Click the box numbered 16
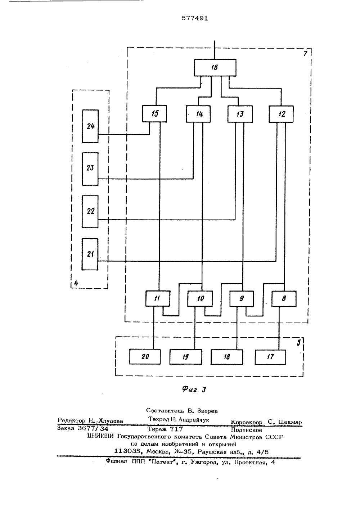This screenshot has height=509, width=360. (x=215, y=67)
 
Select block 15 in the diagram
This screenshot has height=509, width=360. (x=154, y=114)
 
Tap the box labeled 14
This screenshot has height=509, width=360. (x=198, y=114)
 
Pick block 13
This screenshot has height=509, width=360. (x=240, y=114)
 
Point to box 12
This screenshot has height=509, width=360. (x=281, y=114)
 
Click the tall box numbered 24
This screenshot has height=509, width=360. (x=90, y=126)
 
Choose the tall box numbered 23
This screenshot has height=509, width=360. (x=90, y=169)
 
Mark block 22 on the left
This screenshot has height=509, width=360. (x=90, y=212)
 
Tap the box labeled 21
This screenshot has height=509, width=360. (x=90, y=254)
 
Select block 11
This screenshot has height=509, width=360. (x=158, y=298)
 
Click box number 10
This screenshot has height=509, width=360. (x=200, y=298)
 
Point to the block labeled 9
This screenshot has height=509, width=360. (x=242, y=298)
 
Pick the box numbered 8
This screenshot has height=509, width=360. (x=284, y=299)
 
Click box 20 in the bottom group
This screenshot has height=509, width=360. (x=145, y=356)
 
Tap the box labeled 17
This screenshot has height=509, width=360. (x=270, y=357)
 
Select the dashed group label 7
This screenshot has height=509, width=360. (x=305, y=53)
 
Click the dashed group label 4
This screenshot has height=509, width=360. (x=76, y=283)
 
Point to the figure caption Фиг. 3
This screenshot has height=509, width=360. (x=194, y=389)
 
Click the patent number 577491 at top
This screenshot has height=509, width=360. (x=195, y=18)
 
